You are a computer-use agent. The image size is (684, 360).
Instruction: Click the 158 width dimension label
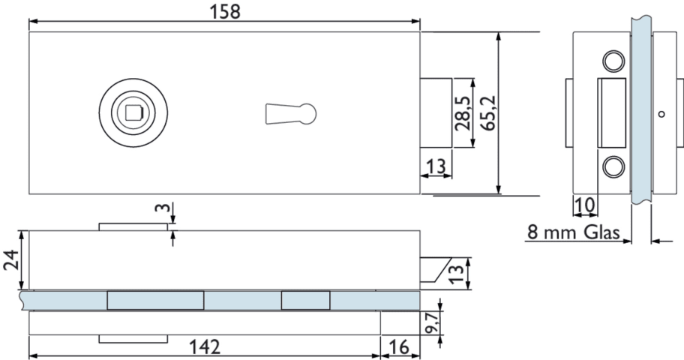pyautogui.click(x=225, y=11)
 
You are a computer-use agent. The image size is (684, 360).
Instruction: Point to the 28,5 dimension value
pyautogui.click(x=463, y=113)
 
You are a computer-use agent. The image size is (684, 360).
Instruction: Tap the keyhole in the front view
pyautogui.click(x=290, y=113)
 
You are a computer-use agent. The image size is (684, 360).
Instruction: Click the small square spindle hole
pyautogui.click(x=133, y=113)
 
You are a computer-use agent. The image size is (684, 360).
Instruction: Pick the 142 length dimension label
pyautogui.click(x=205, y=347)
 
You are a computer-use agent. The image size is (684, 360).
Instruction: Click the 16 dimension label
pyautogui.click(x=399, y=347)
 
